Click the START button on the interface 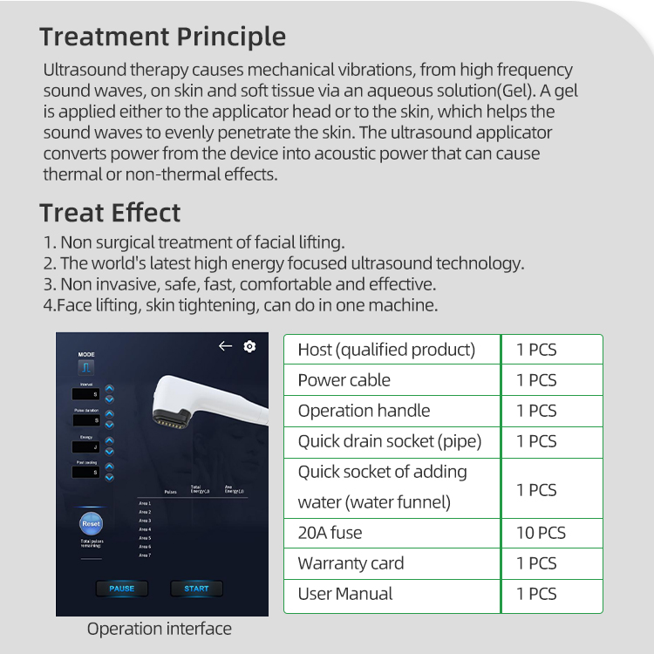coord(196,589)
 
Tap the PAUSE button coord(122,589)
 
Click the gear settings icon coord(250,346)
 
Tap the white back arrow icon coord(225,346)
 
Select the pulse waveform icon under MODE coord(86,369)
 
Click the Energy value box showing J coord(86,446)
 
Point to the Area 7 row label coord(145,555)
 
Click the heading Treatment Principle coord(162,37)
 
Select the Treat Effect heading coord(110,213)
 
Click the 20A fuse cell coord(330,533)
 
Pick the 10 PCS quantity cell coord(541,533)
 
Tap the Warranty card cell coord(351,563)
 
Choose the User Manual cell coord(345,594)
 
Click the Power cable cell coord(344,380)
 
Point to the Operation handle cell coord(364,411)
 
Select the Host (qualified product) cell coord(386,350)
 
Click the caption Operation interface coord(159,629)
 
